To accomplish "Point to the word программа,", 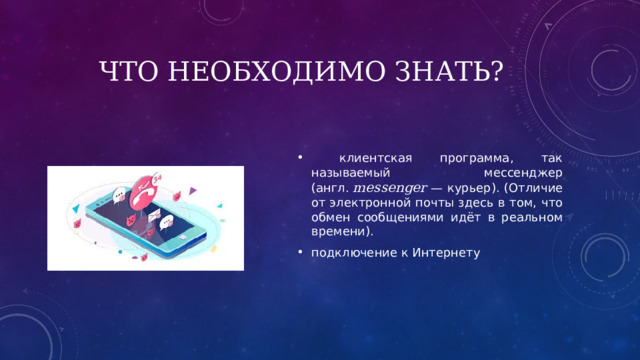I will click(473, 159).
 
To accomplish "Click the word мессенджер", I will click(516, 173).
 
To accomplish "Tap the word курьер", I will click(466, 188).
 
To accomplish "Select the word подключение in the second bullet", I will click(349, 252).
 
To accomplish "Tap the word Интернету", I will click(449, 252).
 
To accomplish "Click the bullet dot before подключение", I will click(300, 252).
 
